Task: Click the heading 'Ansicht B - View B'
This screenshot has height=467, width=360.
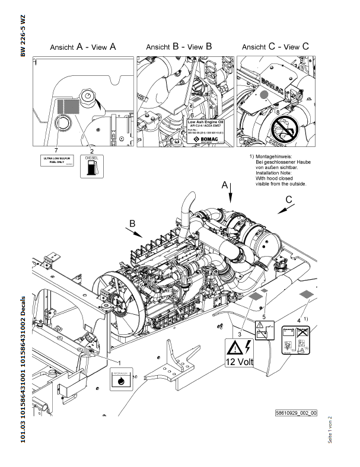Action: coord(179,46)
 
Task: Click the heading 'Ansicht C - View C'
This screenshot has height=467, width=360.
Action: coord(275,46)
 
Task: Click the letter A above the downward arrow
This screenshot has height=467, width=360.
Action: coord(225,185)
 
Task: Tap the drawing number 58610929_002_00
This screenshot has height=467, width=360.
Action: coord(296,412)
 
